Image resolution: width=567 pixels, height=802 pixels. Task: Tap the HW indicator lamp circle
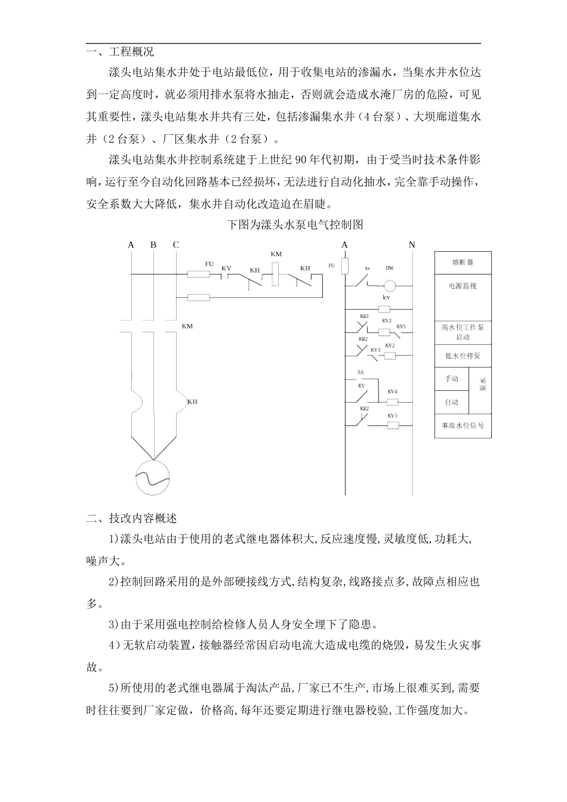(390, 285)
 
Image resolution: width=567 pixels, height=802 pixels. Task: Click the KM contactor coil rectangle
(276, 273)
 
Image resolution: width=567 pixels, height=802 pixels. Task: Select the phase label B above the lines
(153, 245)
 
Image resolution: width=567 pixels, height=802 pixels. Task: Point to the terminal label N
(412, 245)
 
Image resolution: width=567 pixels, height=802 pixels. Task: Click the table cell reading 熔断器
(463, 263)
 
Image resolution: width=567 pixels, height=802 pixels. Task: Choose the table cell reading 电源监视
(463, 286)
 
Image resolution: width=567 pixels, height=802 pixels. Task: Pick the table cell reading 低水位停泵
(463, 356)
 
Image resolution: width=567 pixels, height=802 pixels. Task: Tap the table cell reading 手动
(452, 379)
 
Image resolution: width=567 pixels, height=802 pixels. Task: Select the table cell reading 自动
(452, 402)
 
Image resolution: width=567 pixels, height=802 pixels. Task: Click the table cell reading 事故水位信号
(463, 426)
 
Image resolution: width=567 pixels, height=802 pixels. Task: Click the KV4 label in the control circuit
(392, 391)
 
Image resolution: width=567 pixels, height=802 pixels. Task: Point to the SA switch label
(360, 372)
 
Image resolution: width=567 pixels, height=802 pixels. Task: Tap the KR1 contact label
(364, 316)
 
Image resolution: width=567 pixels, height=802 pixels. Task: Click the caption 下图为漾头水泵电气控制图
(296, 225)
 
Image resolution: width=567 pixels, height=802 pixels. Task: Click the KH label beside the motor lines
(192, 402)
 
